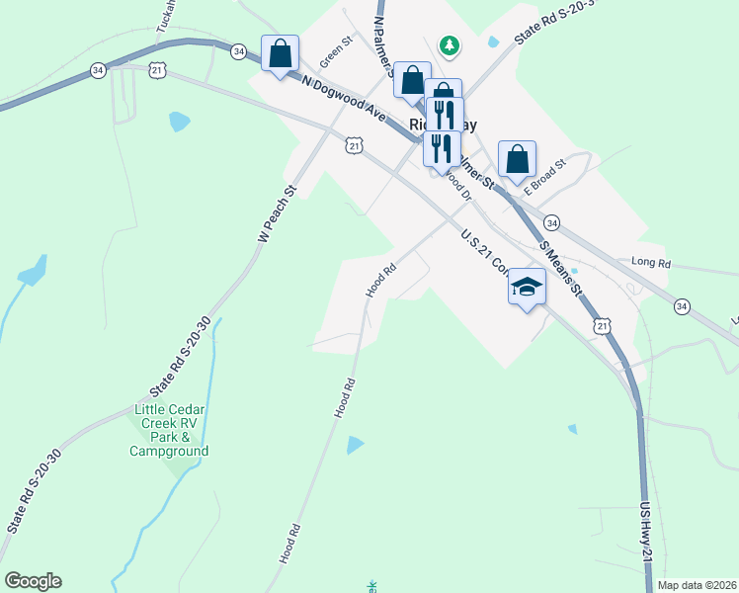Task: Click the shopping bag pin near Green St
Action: pyautogui.click(x=280, y=53)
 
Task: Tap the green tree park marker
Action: pyautogui.click(x=450, y=44)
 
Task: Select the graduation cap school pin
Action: pyautogui.click(x=527, y=287)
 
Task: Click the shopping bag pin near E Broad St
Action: pyautogui.click(x=518, y=159)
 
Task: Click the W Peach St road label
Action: pyautogui.click(x=277, y=215)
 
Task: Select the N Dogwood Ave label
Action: pyautogui.click(x=343, y=99)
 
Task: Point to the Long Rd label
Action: pyautogui.click(x=650, y=264)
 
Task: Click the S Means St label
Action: pyautogui.click(x=561, y=266)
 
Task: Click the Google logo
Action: pyautogui.click(x=33, y=581)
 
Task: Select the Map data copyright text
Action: pyautogui.click(x=697, y=585)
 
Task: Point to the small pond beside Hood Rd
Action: pyautogui.click(x=355, y=445)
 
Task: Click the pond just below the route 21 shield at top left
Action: pyautogui.click(x=179, y=122)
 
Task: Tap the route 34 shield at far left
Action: pyautogui.click(x=97, y=70)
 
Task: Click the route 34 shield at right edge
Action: pyautogui.click(x=682, y=306)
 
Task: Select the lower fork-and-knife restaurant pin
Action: pyautogui.click(x=440, y=148)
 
